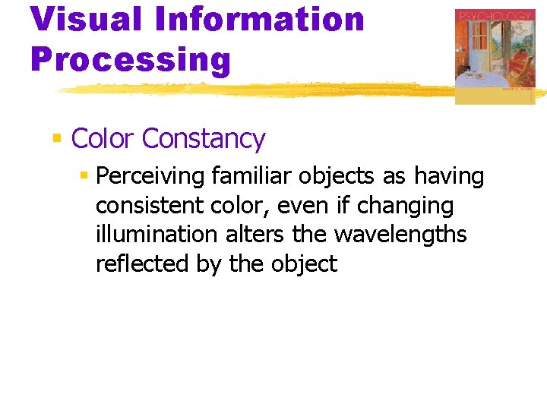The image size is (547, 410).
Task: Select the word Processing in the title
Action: click(130, 59)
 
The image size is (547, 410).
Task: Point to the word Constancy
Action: click(203, 139)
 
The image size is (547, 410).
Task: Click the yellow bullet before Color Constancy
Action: click(56, 138)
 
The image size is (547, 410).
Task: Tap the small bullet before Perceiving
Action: click(84, 176)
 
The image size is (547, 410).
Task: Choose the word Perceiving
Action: click(151, 177)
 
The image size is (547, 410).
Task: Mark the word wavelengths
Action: click(400, 235)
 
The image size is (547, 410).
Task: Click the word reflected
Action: click(130, 263)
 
